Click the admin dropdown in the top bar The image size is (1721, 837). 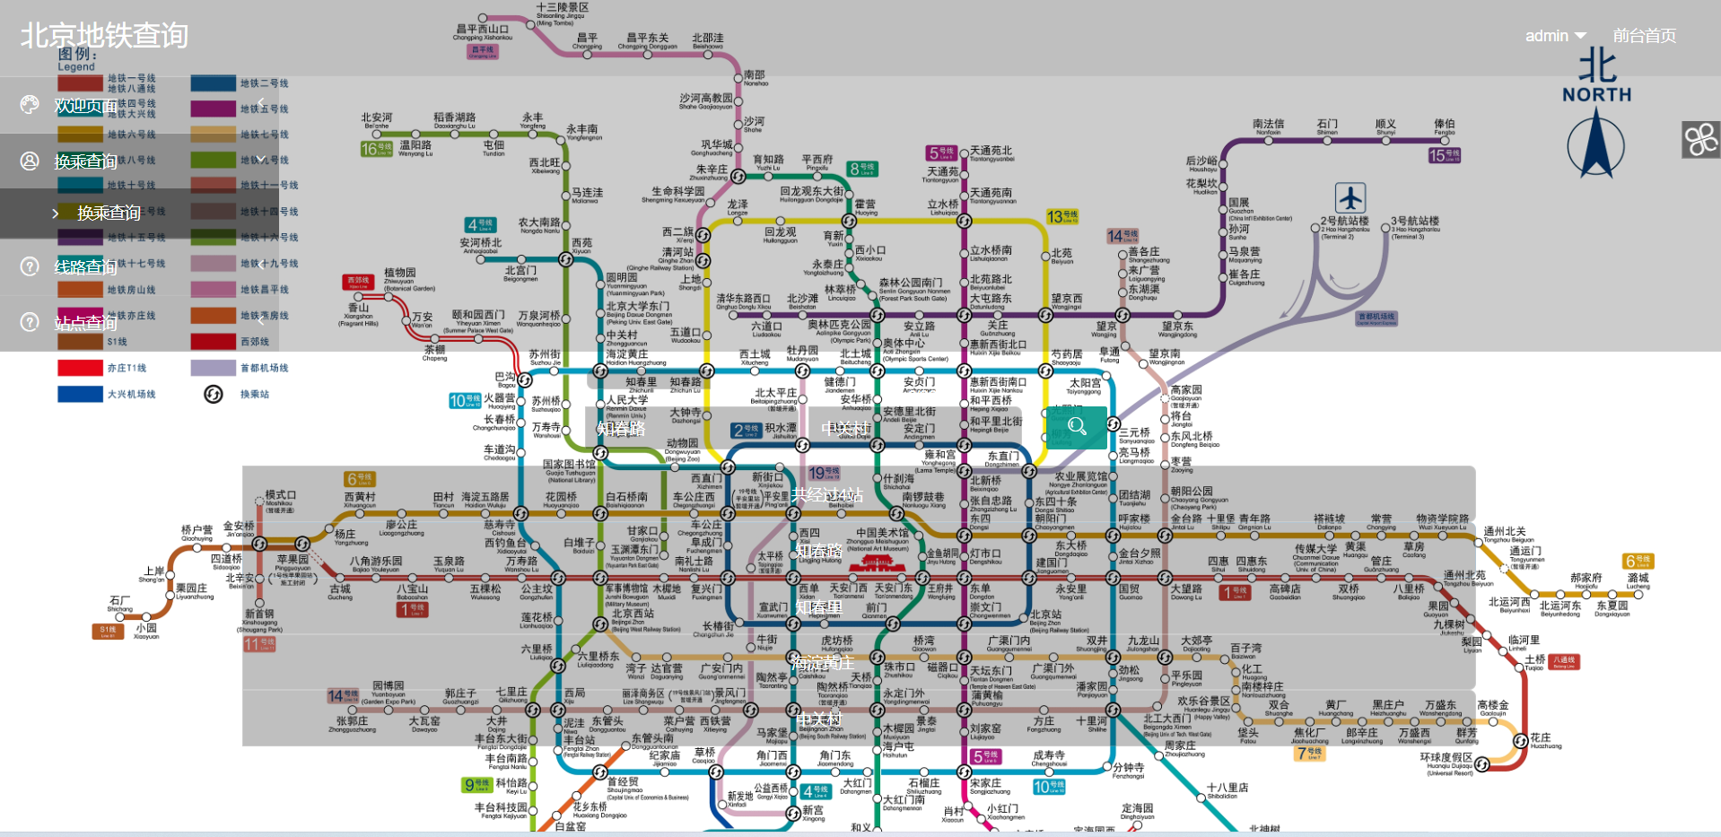(1555, 36)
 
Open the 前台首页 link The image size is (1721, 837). (1644, 36)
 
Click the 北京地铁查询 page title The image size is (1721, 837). (104, 35)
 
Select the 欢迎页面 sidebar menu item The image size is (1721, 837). (85, 106)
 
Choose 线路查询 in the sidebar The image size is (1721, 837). (85, 266)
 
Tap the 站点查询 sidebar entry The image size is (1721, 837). (85, 323)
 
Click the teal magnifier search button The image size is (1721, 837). (1077, 427)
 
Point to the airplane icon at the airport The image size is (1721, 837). (1350, 197)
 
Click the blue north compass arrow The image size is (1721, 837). (1596, 144)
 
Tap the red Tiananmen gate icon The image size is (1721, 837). (873, 563)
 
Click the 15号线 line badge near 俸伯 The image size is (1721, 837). (1444, 155)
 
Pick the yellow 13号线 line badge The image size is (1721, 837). (1062, 217)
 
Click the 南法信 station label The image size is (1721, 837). (1268, 125)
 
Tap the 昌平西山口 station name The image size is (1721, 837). (482, 30)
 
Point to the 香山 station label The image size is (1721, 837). (358, 308)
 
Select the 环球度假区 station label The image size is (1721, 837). (1446, 757)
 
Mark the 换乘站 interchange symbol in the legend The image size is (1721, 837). (213, 394)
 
